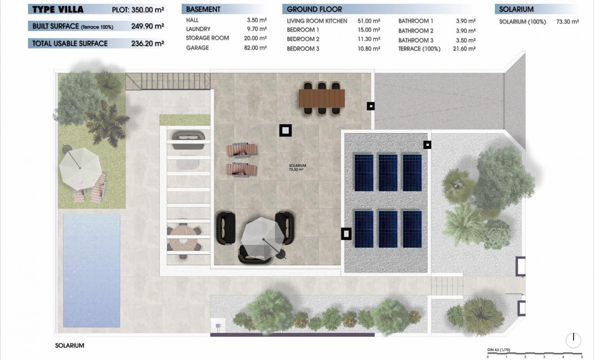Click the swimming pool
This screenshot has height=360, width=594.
point(92,270)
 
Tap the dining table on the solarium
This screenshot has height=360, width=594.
point(322,98)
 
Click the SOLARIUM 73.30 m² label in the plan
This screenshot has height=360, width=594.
point(297,168)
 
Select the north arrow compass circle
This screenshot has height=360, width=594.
point(573,340)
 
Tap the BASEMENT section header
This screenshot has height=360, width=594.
point(203,9)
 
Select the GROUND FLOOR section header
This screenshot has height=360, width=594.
point(314,9)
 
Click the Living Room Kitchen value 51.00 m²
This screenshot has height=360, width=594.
point(369,21)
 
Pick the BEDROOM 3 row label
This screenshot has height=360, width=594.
point(303,49)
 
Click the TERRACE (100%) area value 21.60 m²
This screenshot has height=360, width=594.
point(464,49)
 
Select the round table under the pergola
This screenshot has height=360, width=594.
point(183,238)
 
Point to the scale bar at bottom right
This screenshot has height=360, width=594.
point(535,353)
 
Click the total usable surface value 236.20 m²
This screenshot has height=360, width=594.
point(147,44)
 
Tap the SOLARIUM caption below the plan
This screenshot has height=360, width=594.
point(70,346)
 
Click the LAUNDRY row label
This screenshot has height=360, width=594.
point(198,29)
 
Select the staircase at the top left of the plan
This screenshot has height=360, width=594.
point(168,82)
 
